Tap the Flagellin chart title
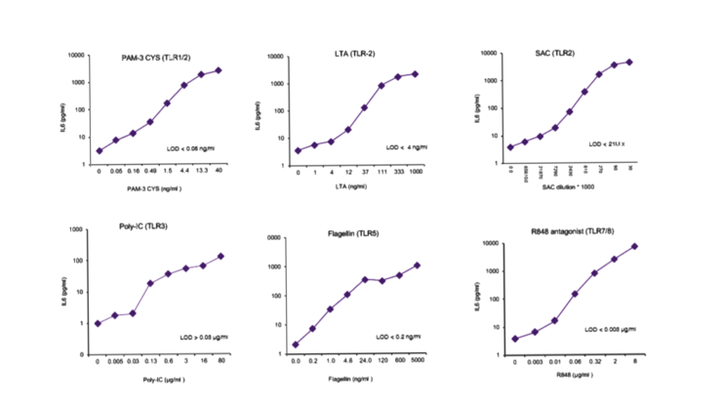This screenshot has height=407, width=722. [353, 233]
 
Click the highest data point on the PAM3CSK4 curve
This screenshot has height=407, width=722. [219, 69]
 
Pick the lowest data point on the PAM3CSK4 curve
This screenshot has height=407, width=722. [99, 150]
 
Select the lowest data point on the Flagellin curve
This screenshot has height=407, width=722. [295, 344]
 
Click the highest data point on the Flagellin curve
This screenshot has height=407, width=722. [417, 265]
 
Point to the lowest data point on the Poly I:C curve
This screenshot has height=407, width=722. [98, 322]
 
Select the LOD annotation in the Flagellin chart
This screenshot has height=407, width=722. [397, 337]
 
